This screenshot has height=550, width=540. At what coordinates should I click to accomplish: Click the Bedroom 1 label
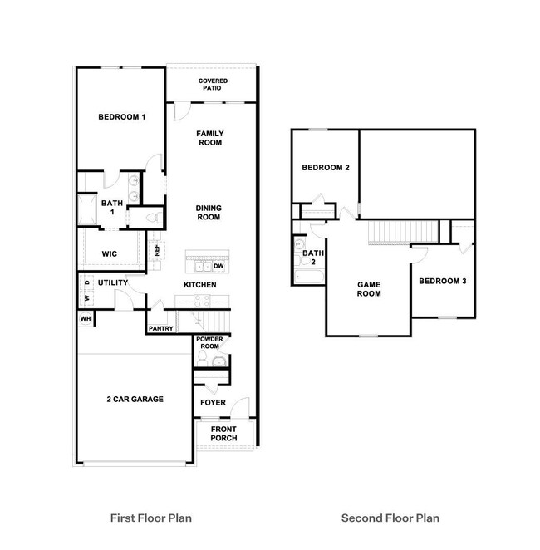point(122,117)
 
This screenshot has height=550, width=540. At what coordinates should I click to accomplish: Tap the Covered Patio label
point(214,84)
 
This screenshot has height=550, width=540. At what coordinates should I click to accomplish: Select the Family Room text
point(209,138)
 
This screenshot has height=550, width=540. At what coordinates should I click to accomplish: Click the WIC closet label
point(109,253)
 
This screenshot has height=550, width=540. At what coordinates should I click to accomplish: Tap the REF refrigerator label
point(156,248)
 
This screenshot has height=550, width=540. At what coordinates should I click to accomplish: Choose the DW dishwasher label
point(218,266)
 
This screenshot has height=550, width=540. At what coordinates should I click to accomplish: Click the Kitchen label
point(200,285)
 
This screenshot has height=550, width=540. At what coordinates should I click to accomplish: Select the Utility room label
point(113,283)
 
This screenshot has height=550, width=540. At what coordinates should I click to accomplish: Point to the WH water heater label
point(86,318)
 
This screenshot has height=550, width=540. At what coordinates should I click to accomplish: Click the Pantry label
point(160,328)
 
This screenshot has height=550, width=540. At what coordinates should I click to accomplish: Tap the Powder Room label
point(208,343)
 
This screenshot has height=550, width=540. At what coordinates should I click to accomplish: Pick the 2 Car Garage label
point(135,399)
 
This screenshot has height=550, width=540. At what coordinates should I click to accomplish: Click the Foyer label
point(214,403)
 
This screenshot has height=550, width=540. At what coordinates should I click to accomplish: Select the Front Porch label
point(224,434)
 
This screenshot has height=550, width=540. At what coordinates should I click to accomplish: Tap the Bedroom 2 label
point(325,168)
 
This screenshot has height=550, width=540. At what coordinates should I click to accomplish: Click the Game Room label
point(369,288)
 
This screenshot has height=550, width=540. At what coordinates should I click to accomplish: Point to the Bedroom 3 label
point(442,282)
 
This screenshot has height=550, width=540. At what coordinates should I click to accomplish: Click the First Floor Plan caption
point(151,518)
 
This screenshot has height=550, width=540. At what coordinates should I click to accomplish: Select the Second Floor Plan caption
point(390,518)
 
